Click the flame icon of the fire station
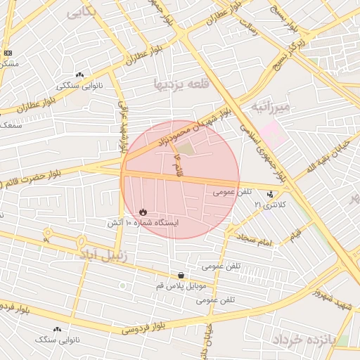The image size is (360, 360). point(143,211)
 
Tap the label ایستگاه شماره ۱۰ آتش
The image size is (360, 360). point(142,222)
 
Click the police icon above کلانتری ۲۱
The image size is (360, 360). point(271,193)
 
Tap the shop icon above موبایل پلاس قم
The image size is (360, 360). point(181,275)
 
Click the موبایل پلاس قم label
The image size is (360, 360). point(182,286)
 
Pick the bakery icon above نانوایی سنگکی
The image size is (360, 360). point(79,75)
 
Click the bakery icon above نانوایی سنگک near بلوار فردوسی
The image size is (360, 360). point(58,328)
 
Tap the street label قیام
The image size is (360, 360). point(295,231)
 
